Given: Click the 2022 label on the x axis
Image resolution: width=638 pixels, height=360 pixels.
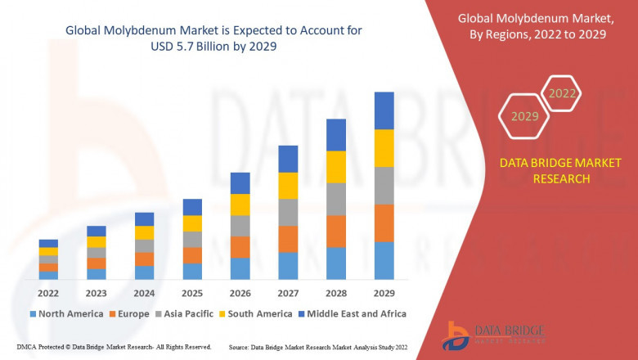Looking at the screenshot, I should (x=48, y=292).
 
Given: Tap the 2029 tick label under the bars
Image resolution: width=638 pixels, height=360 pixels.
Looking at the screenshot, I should (x=384, y=292).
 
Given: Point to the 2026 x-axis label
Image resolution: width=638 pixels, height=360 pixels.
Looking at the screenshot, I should (x=240, y=292).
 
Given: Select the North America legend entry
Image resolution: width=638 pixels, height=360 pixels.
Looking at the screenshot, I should (x=65, y=313).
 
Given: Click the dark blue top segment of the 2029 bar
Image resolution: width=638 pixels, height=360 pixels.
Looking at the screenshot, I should (x=384, y=110).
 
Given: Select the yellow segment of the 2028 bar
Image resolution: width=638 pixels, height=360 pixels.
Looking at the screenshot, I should (x=336, y=167).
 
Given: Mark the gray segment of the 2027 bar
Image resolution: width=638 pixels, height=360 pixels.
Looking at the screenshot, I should (x=288, y=212).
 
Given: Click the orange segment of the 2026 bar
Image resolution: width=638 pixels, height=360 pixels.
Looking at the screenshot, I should (x=240, y=247).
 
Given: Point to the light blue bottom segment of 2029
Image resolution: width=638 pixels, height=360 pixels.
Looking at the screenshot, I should (x=384, y=260).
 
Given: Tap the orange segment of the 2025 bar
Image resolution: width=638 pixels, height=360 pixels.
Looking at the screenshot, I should (x=192, y=255).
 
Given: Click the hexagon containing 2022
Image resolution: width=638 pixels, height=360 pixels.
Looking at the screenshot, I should (x=562, y=93).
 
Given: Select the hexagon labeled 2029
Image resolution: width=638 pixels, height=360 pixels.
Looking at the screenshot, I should (x=524, y=116).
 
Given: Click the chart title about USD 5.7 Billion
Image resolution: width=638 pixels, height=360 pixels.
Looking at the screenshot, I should (x=213, y=38).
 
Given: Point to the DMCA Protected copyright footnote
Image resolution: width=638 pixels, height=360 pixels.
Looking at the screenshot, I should (x=114, y=348).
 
